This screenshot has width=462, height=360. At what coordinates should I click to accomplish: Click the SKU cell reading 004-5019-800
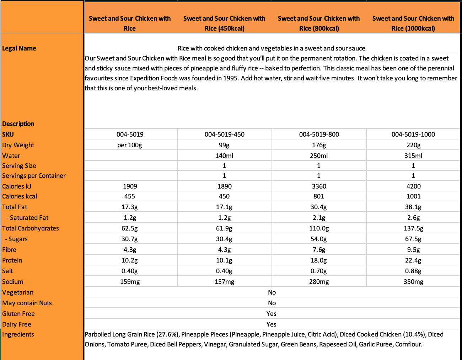coord(319,134)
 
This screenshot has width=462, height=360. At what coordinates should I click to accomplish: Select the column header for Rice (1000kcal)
coord(413,23)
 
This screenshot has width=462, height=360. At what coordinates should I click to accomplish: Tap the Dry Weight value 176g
coord(319,145)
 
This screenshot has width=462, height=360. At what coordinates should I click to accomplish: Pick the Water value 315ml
coord(413,156)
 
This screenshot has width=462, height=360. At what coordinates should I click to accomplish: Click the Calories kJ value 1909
coord(130,186)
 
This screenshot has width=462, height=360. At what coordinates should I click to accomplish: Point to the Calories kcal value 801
coord(319,196)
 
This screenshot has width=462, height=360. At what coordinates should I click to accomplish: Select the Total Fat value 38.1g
coord(413,207)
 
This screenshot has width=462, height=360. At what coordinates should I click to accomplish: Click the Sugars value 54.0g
coord(319,239)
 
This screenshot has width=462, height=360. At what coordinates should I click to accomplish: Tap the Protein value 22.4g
coord(413,260)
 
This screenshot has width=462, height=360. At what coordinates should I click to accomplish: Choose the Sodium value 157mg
coord(224,282)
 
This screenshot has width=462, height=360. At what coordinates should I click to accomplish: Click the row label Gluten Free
coord(18,314)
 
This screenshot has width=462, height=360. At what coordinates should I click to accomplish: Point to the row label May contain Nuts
coord(27,303)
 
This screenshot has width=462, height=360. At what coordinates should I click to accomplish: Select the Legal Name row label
coord(19,48)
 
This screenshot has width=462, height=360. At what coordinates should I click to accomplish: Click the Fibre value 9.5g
coord(413,250)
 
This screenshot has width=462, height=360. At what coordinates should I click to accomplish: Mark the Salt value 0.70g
coord(319,271)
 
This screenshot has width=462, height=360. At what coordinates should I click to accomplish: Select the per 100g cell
coord(130,145)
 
